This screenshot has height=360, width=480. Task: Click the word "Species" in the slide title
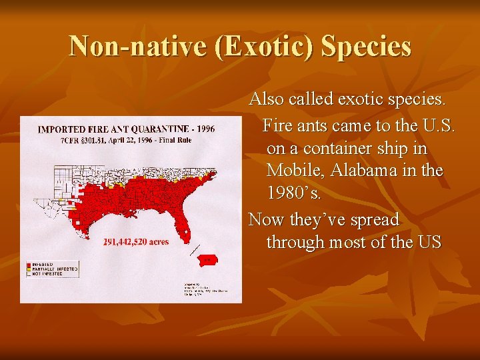[x=366, y=47]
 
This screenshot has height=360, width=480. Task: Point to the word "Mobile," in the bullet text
[x=295, y=171]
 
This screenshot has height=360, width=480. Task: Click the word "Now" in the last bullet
[x=263, y=219]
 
